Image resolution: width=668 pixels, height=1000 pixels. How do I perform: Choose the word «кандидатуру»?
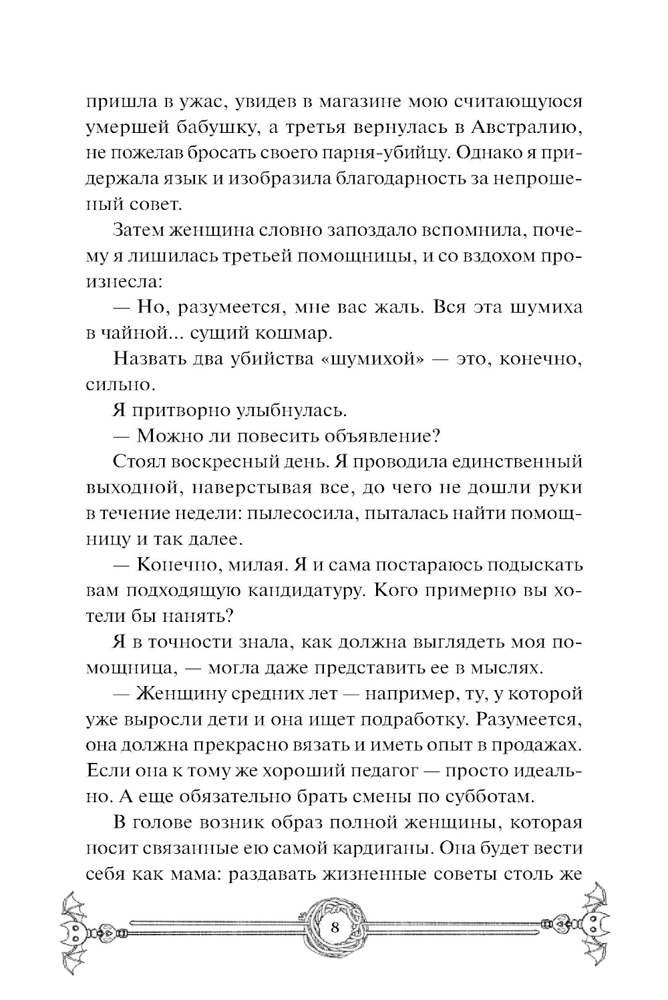click(x=294, y=591)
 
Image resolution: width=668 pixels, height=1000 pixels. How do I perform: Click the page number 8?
click(x=335, y=929)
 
